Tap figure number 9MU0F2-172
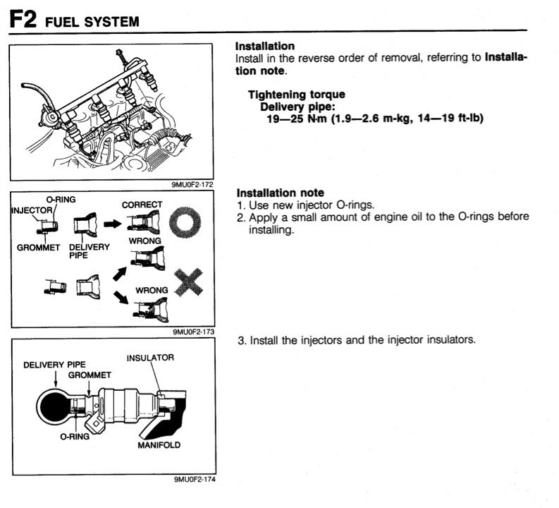pos(192,185)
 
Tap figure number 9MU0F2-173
pos(192,330)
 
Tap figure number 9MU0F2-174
pos(192,480)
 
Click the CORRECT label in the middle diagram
pos(142,205)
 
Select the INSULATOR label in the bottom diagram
pos(150,358)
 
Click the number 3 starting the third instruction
pos(240,341)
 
